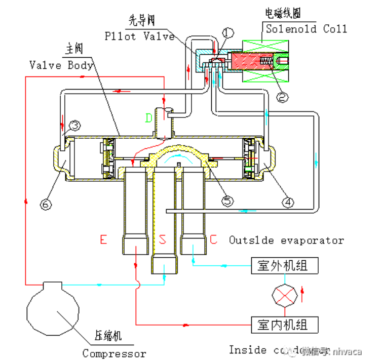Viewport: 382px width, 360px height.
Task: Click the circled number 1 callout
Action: point(228,33)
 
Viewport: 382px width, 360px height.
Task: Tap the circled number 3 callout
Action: point(74,125)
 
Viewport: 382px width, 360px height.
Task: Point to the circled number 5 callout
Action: point(227,201)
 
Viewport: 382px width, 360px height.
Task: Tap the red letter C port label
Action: point(213,239)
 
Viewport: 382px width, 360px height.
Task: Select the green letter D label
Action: point(148,118)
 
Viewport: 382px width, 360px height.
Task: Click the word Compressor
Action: point(114,353)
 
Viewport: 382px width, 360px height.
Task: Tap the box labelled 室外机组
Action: point(286,265)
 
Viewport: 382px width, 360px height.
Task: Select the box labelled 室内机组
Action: point(286,324)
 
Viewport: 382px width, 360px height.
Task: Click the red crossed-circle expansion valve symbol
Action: point(285,295)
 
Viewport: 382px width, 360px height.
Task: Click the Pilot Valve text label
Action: point(140,36)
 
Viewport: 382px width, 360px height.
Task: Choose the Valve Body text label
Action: point(61,65)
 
